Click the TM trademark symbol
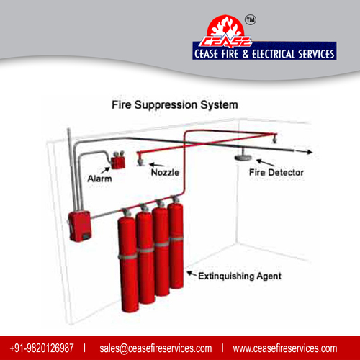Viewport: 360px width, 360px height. (x=251, y=20)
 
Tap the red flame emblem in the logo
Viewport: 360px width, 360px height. (x=225, y=28)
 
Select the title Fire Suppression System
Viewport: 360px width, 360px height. (x=175, y=105)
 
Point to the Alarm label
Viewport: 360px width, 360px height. (x=99, y=179)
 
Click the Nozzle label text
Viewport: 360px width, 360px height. (x=165, y=172)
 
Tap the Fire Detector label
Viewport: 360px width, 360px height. (x=276, y=172)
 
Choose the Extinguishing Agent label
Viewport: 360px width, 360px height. (x=240, y=276)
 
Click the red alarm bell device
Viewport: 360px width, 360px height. (x=118, y=161)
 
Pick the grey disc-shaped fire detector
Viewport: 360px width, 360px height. (x=243, y=157)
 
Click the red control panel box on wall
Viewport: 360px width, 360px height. (x=80, y=225)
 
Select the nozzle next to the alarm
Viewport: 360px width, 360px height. (x=140, y=161)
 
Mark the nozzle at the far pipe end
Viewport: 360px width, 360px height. (x=274, y=140)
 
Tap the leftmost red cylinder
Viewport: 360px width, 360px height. (x=128, y=261)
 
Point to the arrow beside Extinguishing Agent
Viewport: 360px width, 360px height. (x=192, y=274)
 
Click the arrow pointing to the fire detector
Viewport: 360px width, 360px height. (x=265, y=163)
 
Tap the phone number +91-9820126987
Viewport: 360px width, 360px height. (x=42, y=348)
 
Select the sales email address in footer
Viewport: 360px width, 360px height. (x=156, y=348)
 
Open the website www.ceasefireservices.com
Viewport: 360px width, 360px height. (x=285, y=348)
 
